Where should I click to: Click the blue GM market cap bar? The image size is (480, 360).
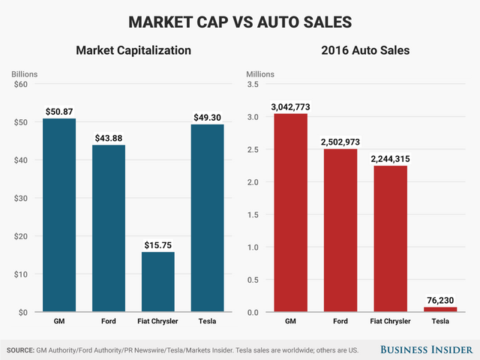point(58,215)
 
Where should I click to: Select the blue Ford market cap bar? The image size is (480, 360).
point(109,228)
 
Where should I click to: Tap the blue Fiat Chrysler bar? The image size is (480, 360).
point(158,282)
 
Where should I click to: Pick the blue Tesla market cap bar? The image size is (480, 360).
point(208,217)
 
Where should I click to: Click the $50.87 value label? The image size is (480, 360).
point(58,111)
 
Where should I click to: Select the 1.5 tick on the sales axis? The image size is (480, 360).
point(254,214)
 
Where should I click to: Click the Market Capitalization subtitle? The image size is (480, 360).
point(133,51)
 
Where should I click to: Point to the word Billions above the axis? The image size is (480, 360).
point(24,74)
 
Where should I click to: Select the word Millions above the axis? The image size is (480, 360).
point(260,74)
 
